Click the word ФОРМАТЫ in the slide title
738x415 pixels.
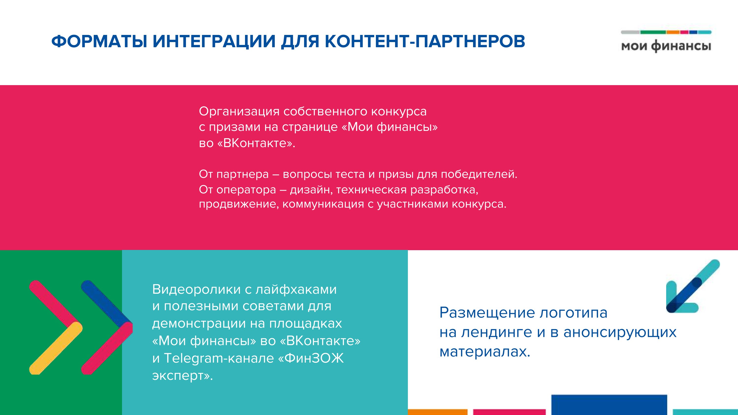[x=99, y=41]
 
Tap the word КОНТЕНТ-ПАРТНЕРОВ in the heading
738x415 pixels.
[x=425, y=41]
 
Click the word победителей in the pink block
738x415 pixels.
[x=479, y=174]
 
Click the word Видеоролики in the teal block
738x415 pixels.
[x=196, y=290]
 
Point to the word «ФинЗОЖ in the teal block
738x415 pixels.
[x=311, y=358]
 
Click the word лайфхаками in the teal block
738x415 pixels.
[x=296, y=290]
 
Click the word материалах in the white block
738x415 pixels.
[x=485, y=352]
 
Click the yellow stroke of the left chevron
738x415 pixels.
[x=56, y=348]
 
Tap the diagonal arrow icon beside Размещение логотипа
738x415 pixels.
[x=693, y=286]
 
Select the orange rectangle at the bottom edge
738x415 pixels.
[x=437, y=412]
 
